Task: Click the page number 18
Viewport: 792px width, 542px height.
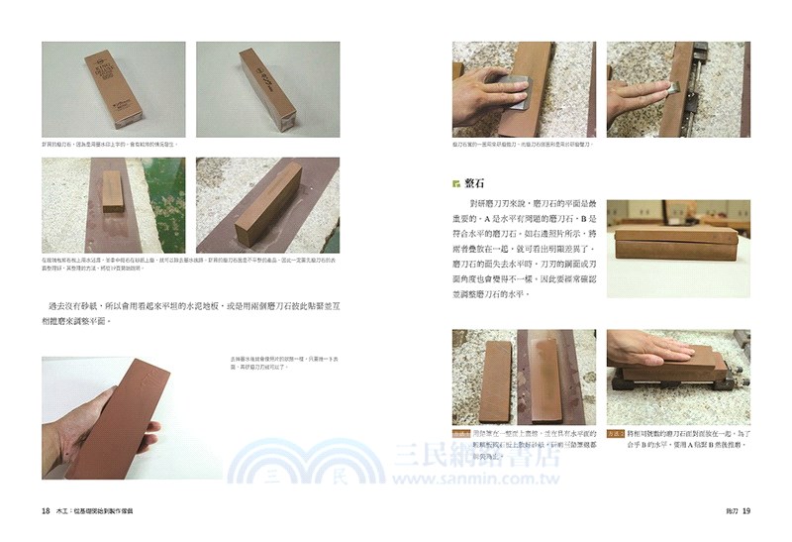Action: coord(46,511)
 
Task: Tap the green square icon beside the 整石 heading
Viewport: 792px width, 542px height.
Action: coord(456,183)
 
